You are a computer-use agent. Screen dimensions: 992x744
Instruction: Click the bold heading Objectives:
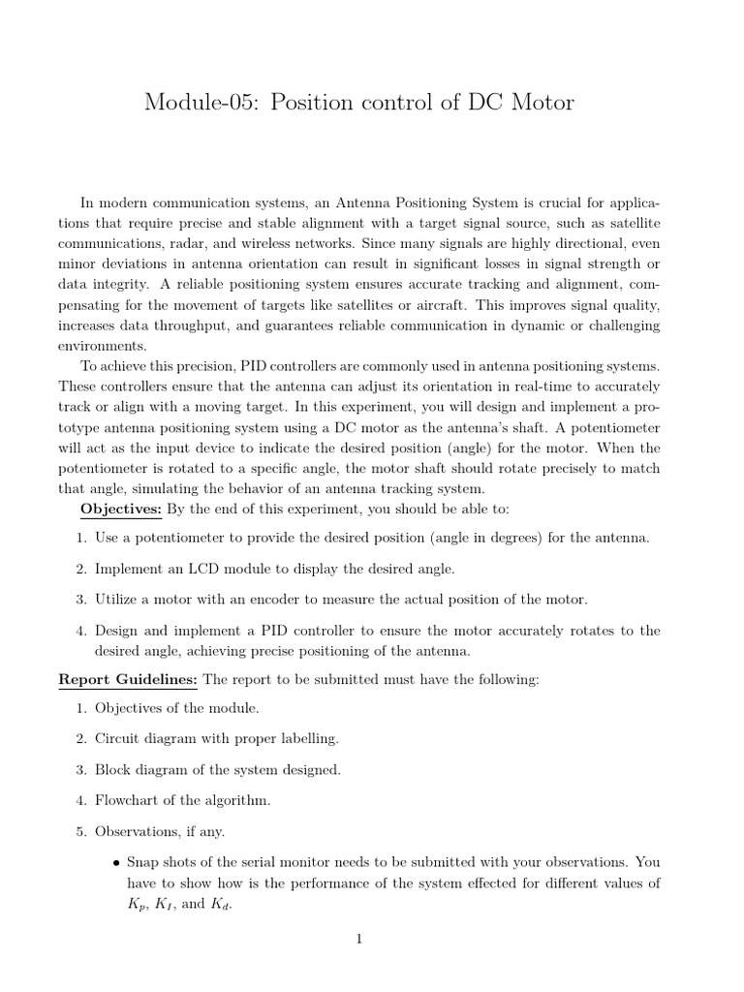[x=123, y=508]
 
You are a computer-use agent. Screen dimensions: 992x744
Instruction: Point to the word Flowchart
[x=130, y=801]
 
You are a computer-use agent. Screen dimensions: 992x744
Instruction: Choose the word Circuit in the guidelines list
[x=118, y=739]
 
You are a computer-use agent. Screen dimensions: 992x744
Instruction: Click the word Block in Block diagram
[x=113, y=770]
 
